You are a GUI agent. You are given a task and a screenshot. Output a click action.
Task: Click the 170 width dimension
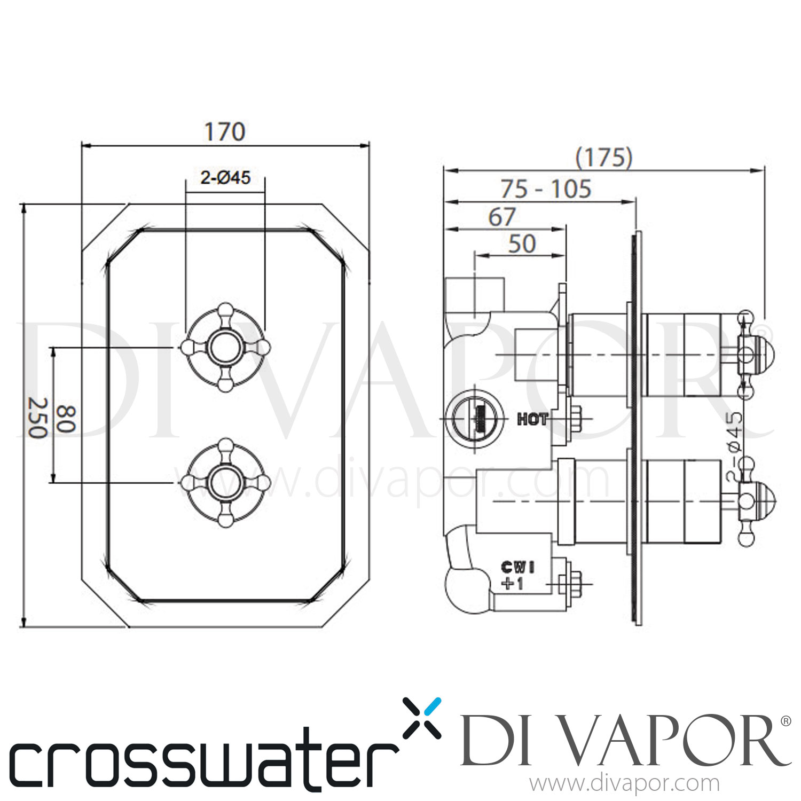(225, 132)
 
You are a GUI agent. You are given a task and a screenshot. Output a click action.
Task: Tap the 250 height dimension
(37, 418)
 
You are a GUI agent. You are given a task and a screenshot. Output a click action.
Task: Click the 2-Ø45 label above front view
(225, 177)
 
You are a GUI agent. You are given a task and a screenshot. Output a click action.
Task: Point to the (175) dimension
(604, 158)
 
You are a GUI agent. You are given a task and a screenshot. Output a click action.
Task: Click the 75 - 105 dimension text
(546, 189)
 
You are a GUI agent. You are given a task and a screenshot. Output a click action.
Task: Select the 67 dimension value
(502, 217)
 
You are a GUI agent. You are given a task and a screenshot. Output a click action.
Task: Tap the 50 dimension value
(522, 244)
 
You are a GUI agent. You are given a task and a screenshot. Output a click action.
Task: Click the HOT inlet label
(532, 420)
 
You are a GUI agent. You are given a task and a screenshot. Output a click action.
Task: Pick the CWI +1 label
(516, 575)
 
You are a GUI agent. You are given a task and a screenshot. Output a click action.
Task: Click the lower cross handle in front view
(225, 483)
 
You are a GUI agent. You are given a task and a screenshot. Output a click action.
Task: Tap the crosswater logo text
(203, 758)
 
